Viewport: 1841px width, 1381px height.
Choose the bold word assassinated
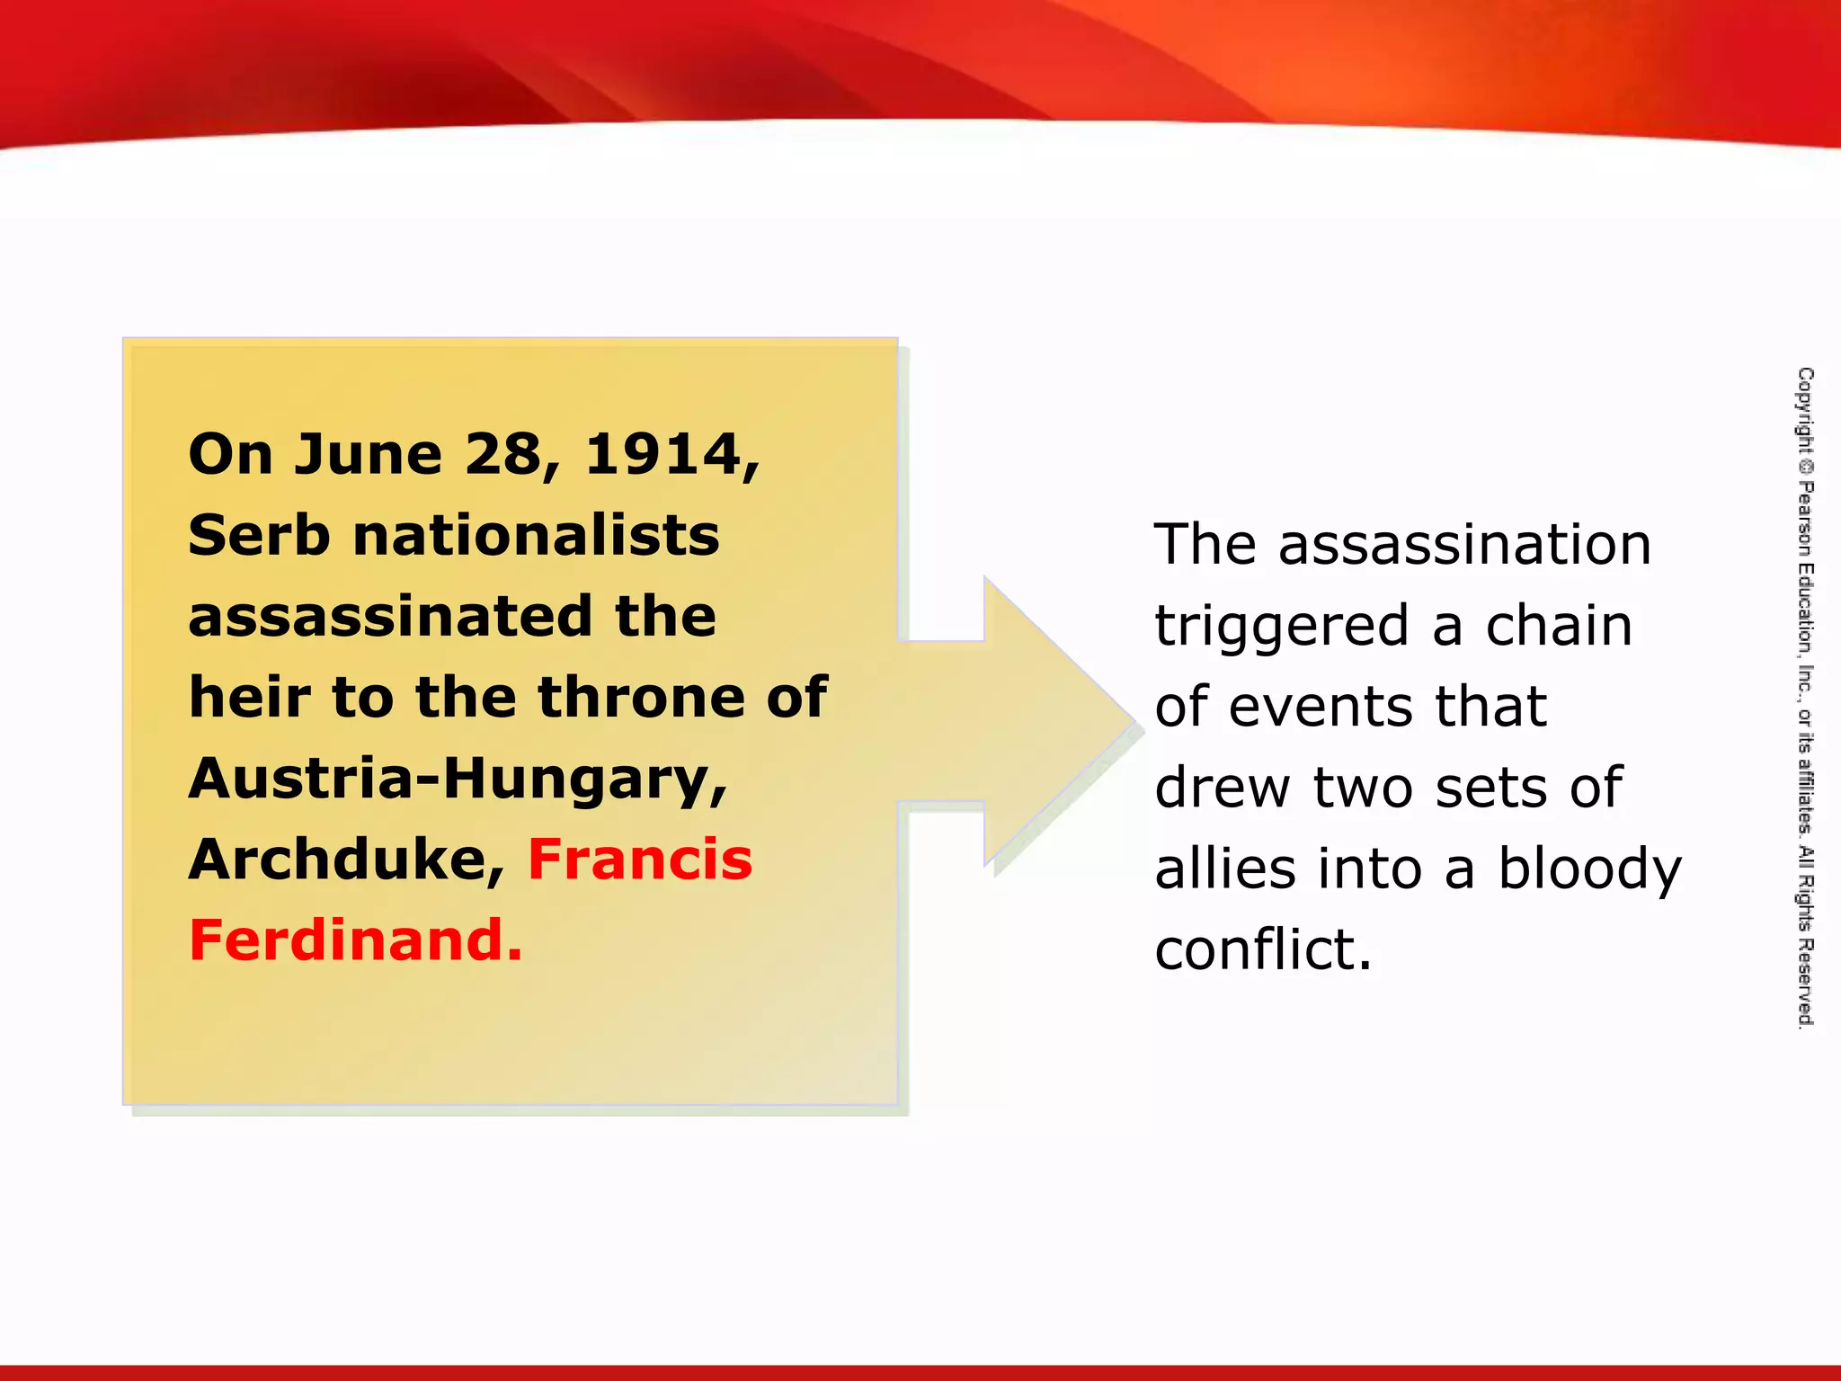(x=390, y=617)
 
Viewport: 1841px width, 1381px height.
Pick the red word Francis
(x=639, y=860)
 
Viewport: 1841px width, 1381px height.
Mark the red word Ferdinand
(x=354, y=940)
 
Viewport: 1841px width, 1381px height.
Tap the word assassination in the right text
(x=1464, y=545)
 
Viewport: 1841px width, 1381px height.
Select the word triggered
(x=1281, y=627)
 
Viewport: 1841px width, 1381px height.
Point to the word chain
(x=1558, y=626)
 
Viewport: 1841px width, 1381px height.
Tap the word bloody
(x=1588, y=870)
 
